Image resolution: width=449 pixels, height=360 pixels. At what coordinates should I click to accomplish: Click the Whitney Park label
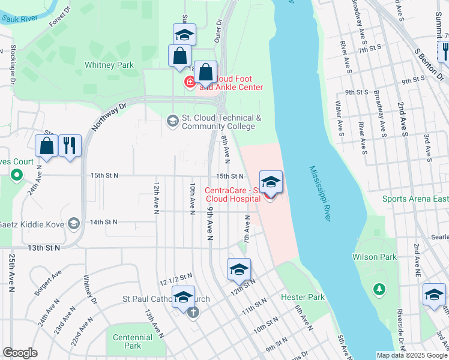109,65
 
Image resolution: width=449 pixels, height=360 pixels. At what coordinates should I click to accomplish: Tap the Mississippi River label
320,194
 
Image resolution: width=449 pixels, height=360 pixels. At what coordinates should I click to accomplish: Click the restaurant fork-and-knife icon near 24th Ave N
70,145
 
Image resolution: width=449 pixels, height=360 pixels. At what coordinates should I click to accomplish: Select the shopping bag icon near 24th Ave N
47,145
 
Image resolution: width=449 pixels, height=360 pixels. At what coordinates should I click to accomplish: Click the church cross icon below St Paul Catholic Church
193,313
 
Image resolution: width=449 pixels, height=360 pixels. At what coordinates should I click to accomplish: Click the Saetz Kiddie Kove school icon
74,223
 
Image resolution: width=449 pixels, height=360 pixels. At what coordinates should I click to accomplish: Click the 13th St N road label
44,247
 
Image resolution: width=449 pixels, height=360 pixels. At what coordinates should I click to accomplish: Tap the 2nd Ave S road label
402,119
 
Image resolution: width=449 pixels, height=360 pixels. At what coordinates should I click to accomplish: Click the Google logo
20,353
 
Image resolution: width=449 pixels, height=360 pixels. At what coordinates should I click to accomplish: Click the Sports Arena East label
415,199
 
